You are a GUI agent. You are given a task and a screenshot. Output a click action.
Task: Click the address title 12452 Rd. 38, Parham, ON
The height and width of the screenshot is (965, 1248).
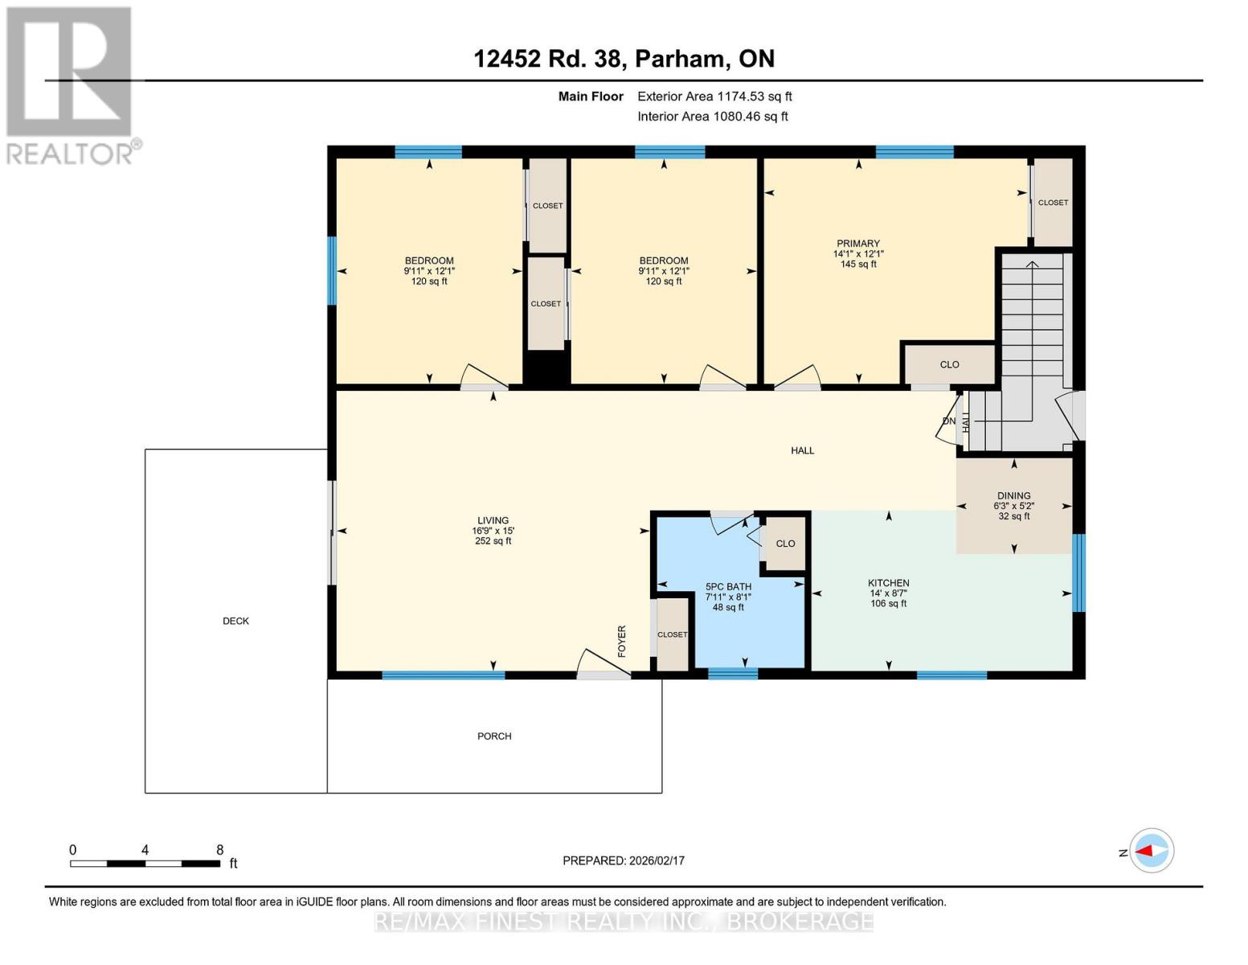(624, 59)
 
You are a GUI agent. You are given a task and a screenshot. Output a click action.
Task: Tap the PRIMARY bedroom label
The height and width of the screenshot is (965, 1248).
(858, 244)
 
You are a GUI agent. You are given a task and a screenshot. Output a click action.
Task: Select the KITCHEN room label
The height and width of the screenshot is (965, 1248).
(888, 583)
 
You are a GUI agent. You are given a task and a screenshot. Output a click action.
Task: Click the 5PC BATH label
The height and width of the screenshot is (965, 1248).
(728, 587)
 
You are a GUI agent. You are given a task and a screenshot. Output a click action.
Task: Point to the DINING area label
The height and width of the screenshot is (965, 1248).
(1013, 496)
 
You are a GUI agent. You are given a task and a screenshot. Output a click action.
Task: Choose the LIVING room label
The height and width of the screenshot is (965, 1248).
(493, 521)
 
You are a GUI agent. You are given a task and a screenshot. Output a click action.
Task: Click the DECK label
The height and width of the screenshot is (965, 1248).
(235, 621)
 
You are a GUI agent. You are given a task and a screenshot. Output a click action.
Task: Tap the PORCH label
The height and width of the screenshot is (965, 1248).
(494, 736)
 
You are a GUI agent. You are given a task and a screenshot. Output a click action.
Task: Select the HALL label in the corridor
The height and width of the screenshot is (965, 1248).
(802, 451)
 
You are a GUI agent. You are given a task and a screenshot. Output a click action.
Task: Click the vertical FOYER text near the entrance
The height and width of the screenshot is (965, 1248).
(622, 642)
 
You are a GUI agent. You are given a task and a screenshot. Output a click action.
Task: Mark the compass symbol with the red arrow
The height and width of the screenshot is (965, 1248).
(1152, 851)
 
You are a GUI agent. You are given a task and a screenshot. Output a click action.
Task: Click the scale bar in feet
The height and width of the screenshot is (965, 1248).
(145, 864)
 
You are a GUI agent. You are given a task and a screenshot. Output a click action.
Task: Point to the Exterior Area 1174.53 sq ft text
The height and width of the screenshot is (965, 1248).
(714, 96)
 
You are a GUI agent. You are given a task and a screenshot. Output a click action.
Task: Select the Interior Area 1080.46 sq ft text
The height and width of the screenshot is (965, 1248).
(712, 117)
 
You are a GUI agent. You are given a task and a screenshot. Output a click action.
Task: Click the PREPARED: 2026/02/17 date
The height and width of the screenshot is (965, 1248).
(624, 860)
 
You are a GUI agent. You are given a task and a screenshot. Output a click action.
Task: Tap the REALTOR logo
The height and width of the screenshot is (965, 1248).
(71, 84)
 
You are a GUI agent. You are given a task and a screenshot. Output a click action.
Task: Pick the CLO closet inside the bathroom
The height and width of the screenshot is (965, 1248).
(785, 544)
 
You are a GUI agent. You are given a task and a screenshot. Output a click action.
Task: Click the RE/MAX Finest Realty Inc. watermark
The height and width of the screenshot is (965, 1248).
(624, 922)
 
